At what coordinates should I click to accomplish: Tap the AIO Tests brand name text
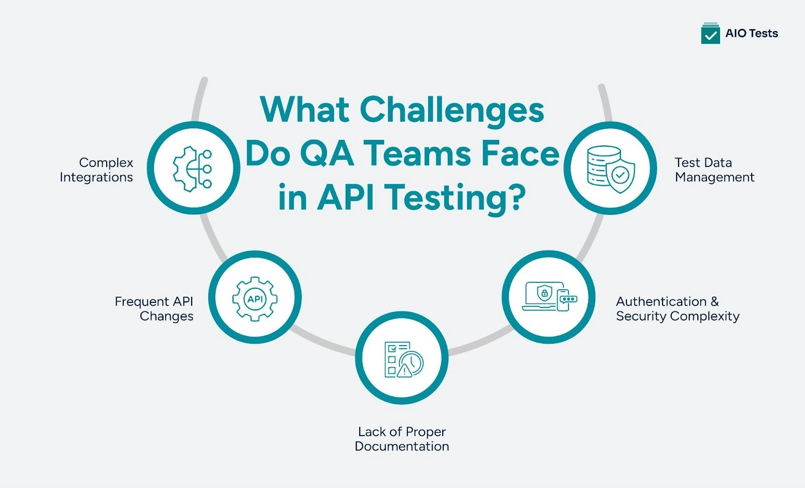[x=752, y=33]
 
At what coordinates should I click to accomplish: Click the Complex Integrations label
[x=97, y=170]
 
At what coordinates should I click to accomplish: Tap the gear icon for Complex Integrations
[x=193, y=169]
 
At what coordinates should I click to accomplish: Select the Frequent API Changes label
[x=154, y=308]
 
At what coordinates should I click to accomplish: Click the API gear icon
[x=255, y=298]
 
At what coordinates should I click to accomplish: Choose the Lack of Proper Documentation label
[x=401, y=439]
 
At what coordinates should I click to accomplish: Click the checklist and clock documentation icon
[x=403, y=359]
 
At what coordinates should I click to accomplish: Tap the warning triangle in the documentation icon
[x=405, y=371]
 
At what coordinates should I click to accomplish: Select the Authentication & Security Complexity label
[x=677, y=308]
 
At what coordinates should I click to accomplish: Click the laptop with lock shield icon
[x=539, y=296]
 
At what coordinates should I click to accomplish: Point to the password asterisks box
[x=569, y=299]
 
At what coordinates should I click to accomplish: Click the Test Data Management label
[x=714, y=170]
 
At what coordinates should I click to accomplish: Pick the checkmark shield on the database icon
[x=620, y=176]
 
